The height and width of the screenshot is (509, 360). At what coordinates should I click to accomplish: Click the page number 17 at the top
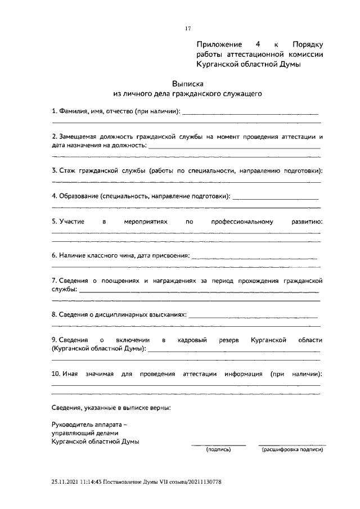pos(188,29)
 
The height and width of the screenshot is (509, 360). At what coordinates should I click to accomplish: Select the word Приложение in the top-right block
pos(219,44)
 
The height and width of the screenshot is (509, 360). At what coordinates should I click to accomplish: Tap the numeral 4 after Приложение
pos(257,44)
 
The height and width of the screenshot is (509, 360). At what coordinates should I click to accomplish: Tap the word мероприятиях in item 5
pos(146,222)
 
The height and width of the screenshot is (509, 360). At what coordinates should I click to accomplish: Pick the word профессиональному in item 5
pos(242,222)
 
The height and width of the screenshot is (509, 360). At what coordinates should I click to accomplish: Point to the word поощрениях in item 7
pos(125,280)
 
